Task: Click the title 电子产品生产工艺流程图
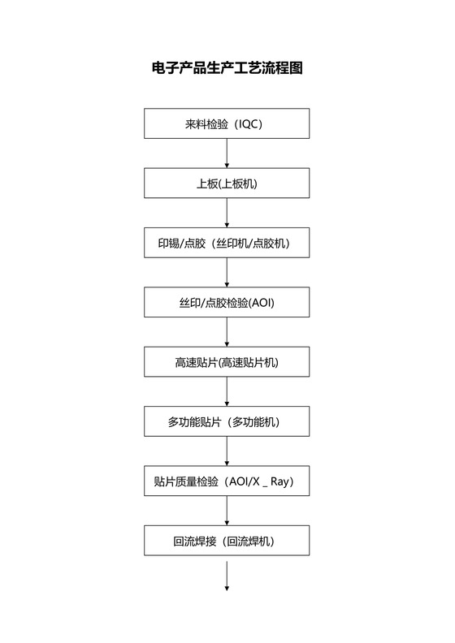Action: click(227, 68)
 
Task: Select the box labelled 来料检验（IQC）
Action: click(227, 124)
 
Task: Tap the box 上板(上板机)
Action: click(227, 183)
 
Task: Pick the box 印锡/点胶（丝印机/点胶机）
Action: click(227, 243)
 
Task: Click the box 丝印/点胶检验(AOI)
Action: click(227, 303)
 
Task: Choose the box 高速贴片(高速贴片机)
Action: click(227, 362)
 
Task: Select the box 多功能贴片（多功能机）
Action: click(227, 422)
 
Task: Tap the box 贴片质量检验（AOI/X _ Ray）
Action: click(227, 481)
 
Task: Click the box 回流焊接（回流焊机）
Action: click(227, 541)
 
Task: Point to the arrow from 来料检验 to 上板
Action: click(227, 153)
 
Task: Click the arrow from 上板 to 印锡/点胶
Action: click(227, 214)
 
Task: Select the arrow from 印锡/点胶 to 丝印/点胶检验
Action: click(227, 273)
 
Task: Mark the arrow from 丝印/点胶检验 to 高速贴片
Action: click(227, 333)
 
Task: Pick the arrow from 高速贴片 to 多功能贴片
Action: click(227, 392)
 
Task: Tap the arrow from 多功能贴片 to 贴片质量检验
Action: click(227, 451)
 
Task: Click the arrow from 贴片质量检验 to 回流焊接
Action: click(227, 511)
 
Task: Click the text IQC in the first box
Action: click(249, 124)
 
